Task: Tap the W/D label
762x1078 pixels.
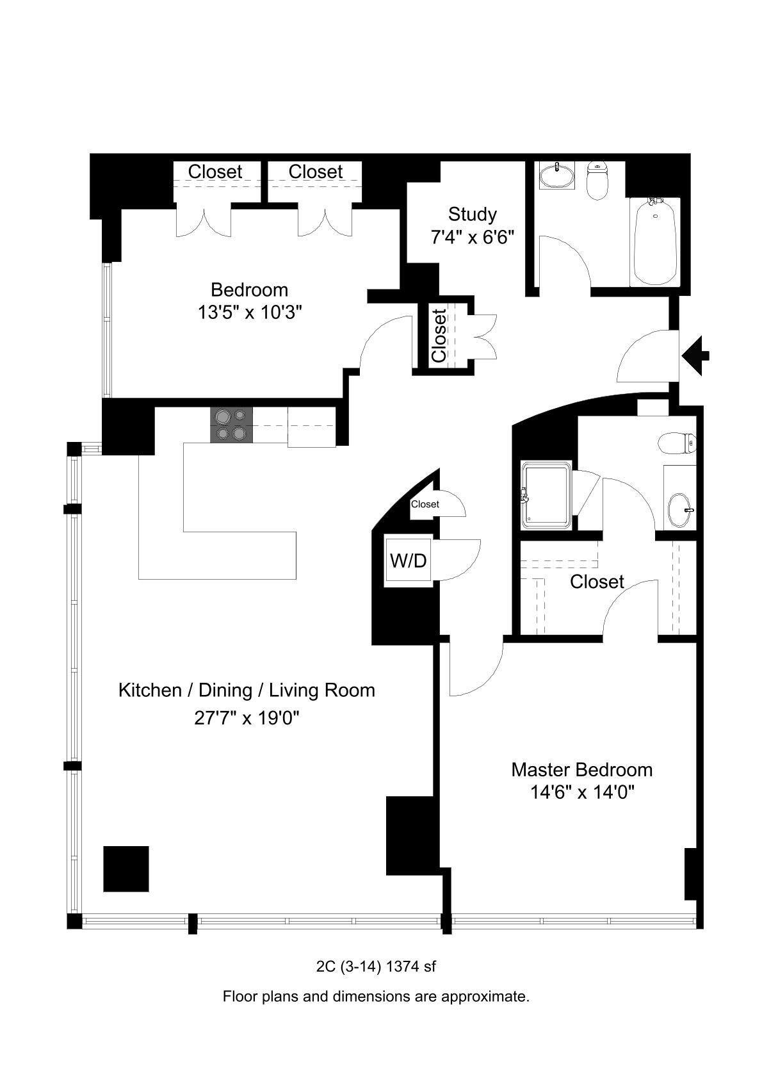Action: (408, 561)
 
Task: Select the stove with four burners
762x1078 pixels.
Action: (231, 425)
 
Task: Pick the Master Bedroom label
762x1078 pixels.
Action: (581, 769)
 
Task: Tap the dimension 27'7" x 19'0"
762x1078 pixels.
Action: (247, 718)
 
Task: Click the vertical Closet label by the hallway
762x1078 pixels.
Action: (439, 336)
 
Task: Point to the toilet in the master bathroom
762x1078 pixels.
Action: (678, 443)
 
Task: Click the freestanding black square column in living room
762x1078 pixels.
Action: (126, 869)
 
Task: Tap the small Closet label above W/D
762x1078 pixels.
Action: (425, 504)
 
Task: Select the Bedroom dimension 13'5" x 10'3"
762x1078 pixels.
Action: (250, 313)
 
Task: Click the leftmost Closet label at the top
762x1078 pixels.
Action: (215, 172)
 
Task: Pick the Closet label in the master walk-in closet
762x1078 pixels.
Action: (597, 582)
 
